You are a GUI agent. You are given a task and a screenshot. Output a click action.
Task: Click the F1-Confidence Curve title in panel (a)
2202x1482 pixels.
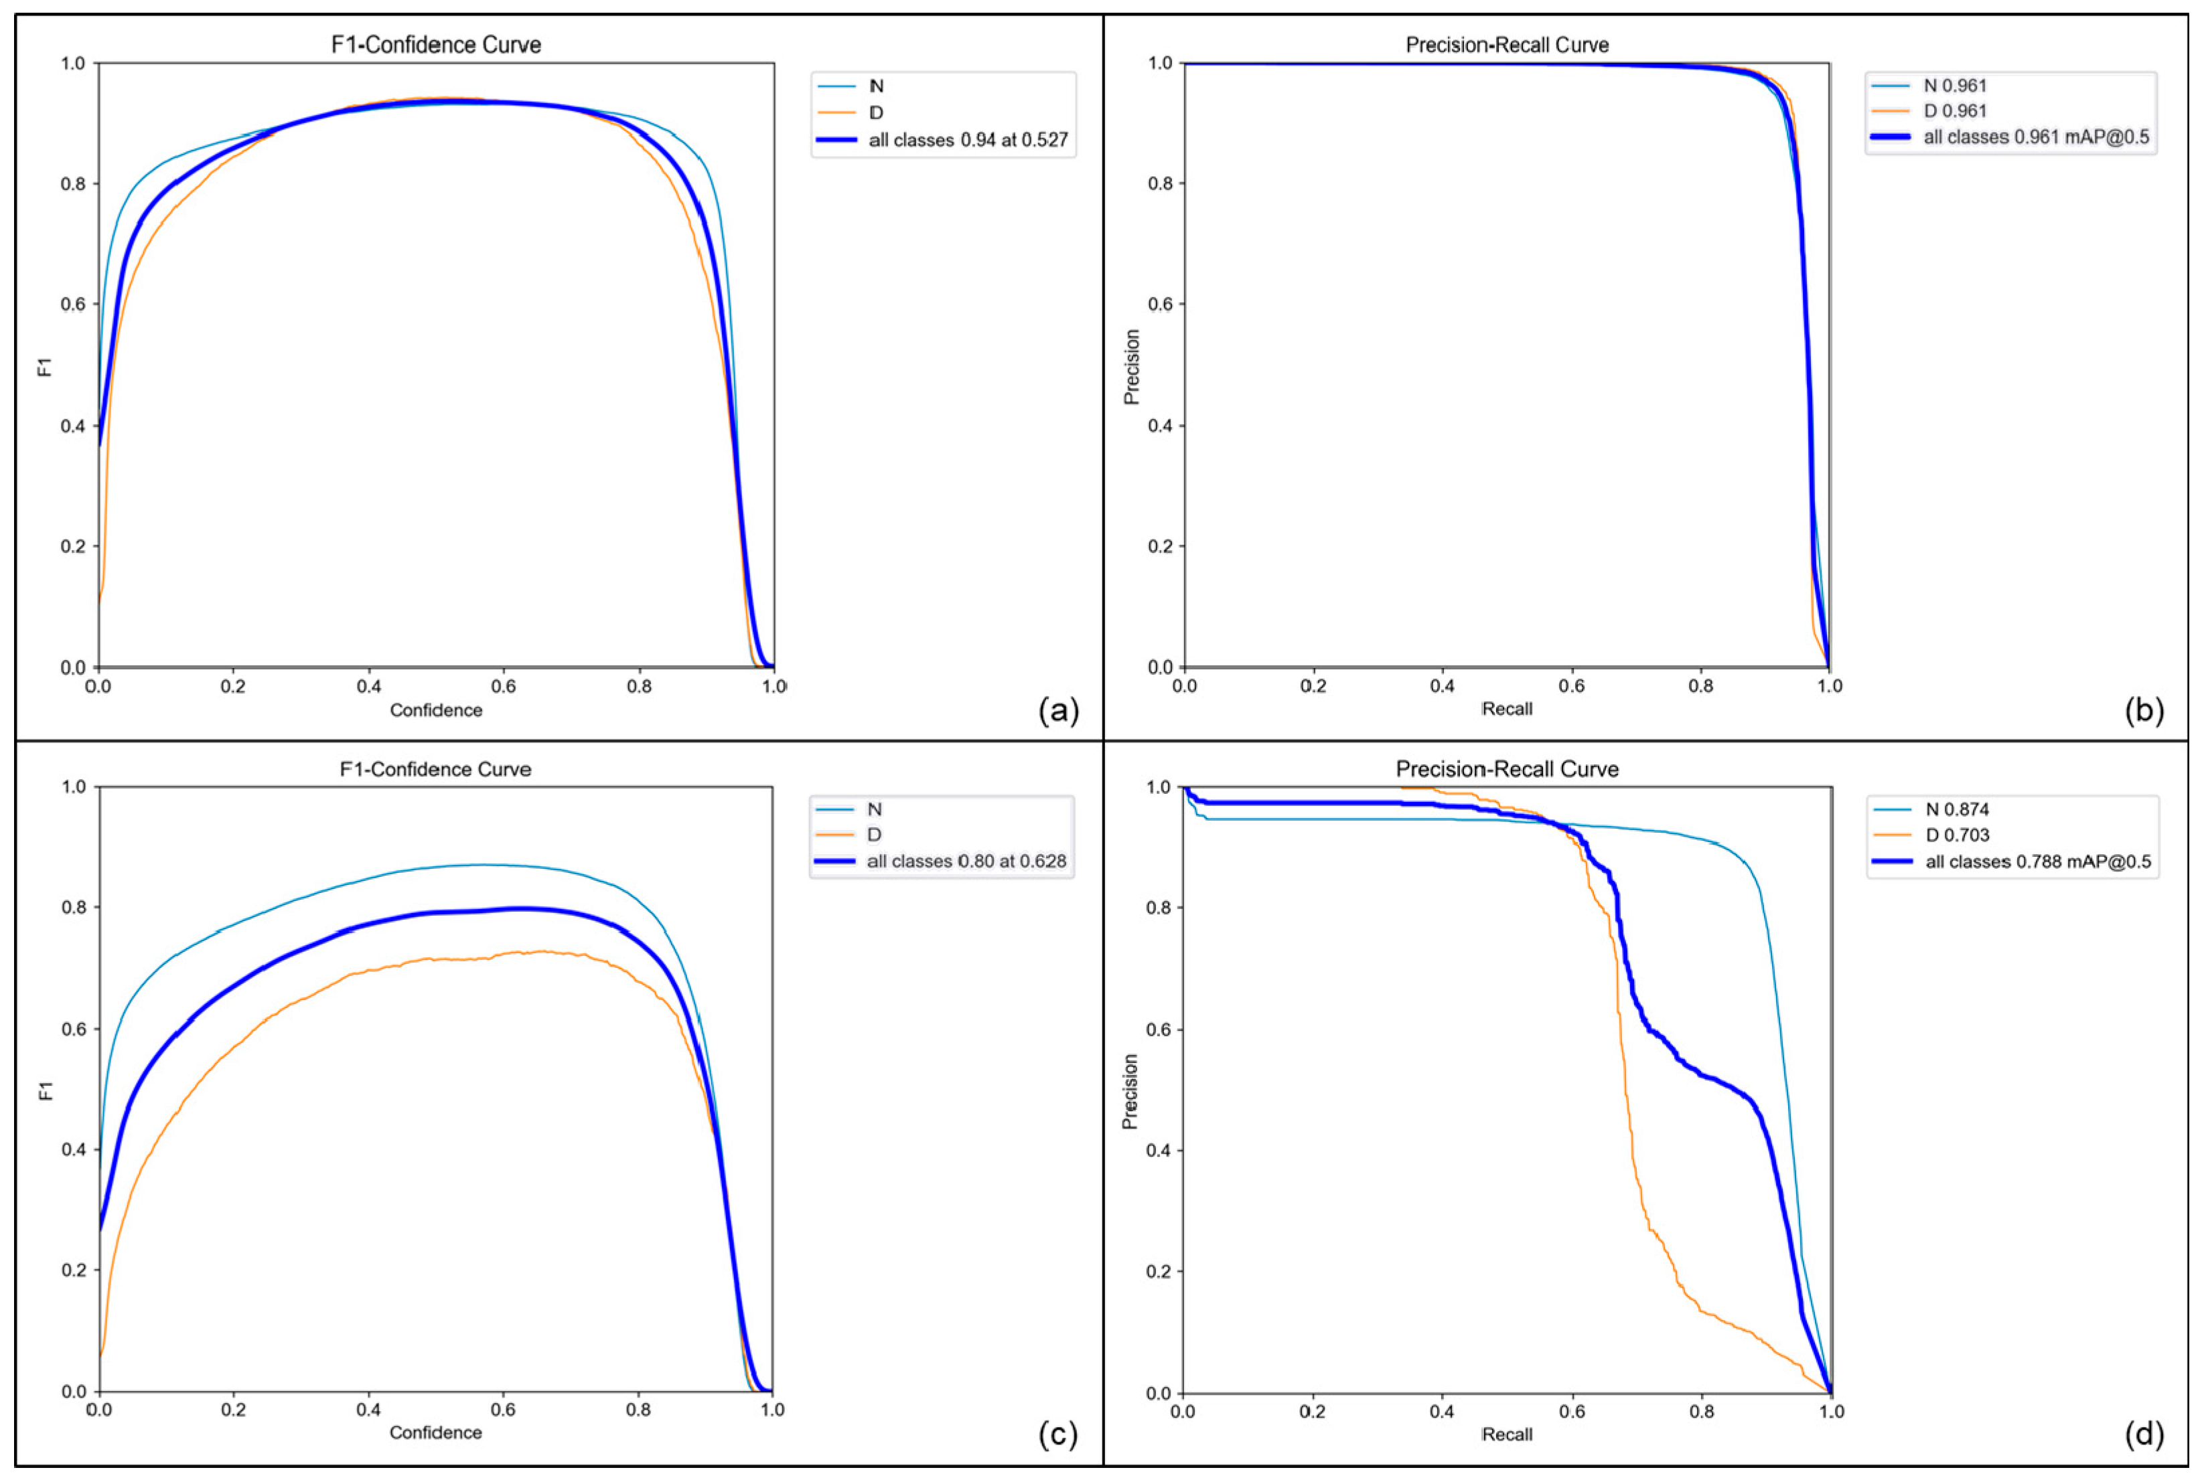pyautogui.click(x=436, y=44)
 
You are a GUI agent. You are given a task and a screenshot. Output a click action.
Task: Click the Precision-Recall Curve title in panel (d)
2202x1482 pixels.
pyautogui.click(x=1506, y=768)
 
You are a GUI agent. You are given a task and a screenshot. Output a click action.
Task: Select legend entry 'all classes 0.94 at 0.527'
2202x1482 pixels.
pyautogui.click(x=967, y=140)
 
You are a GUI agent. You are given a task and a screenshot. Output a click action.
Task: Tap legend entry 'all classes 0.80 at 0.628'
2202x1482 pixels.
pyautogui.click(x=965, y=861)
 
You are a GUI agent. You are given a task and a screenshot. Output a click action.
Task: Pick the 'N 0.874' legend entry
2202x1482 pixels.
pyautogui.click(x=1956, y=809)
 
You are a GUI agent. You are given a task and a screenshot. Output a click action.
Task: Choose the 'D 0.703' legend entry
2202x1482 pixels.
pyautogui.click(x=1956, y=835)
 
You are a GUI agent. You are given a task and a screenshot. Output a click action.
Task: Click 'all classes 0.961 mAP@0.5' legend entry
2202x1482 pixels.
pyautogui.click(x=2035, y=137)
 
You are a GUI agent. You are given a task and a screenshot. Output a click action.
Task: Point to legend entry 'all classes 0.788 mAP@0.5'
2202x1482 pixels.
pyautogui.click(x=2037, y=861)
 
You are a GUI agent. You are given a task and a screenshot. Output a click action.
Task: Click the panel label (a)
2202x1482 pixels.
pyautogui.click(x=1058, y=710)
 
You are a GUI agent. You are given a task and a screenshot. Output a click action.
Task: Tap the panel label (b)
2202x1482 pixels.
pyautogui.click(x=2142, y=710)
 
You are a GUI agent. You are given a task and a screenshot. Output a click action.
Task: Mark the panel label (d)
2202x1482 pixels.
pyautogui.click(x=2142, y=1434)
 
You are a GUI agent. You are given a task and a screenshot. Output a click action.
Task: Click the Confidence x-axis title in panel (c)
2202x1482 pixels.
pyautogui.click(x=436, y=1432)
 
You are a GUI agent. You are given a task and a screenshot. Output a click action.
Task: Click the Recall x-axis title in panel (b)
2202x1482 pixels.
pyautogui.click(x=1506, y=708)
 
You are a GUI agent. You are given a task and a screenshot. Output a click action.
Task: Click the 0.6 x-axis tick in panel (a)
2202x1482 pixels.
pyautogui.click(x=503, y=686)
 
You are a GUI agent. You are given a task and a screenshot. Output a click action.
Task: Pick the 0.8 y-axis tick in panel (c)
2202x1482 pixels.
pyautogui.click(x=73, y=908)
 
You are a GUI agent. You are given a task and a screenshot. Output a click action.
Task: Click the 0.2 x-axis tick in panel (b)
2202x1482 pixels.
pyautogui.click(x=1313, y=686)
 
